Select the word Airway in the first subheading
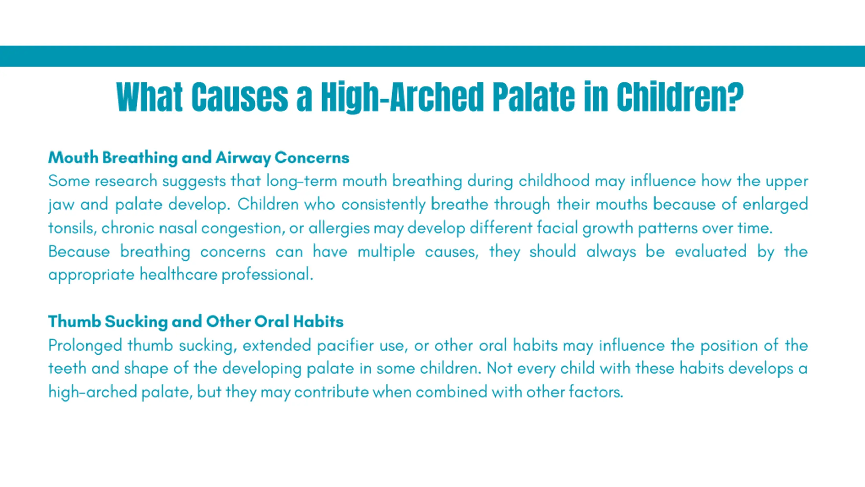(x=243, y=158)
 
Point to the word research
(x=126, y=181)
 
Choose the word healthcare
(x=178, y=274)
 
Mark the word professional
(x=268, y=275)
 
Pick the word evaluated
(x=711, y=252)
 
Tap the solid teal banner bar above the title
(x=432, y=56)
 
